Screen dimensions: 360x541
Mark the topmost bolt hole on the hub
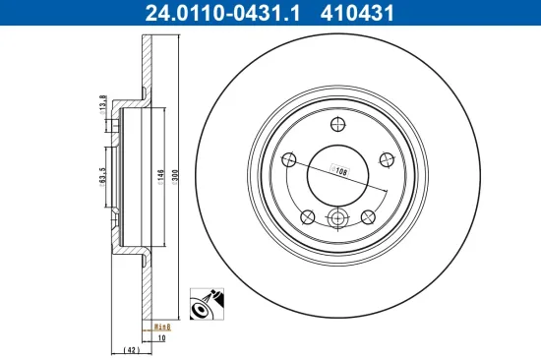click(x=336, y=124)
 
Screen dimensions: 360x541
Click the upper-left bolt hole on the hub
click(x=289, y=160)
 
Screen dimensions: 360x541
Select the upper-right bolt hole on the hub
click(x=385, y=160)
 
